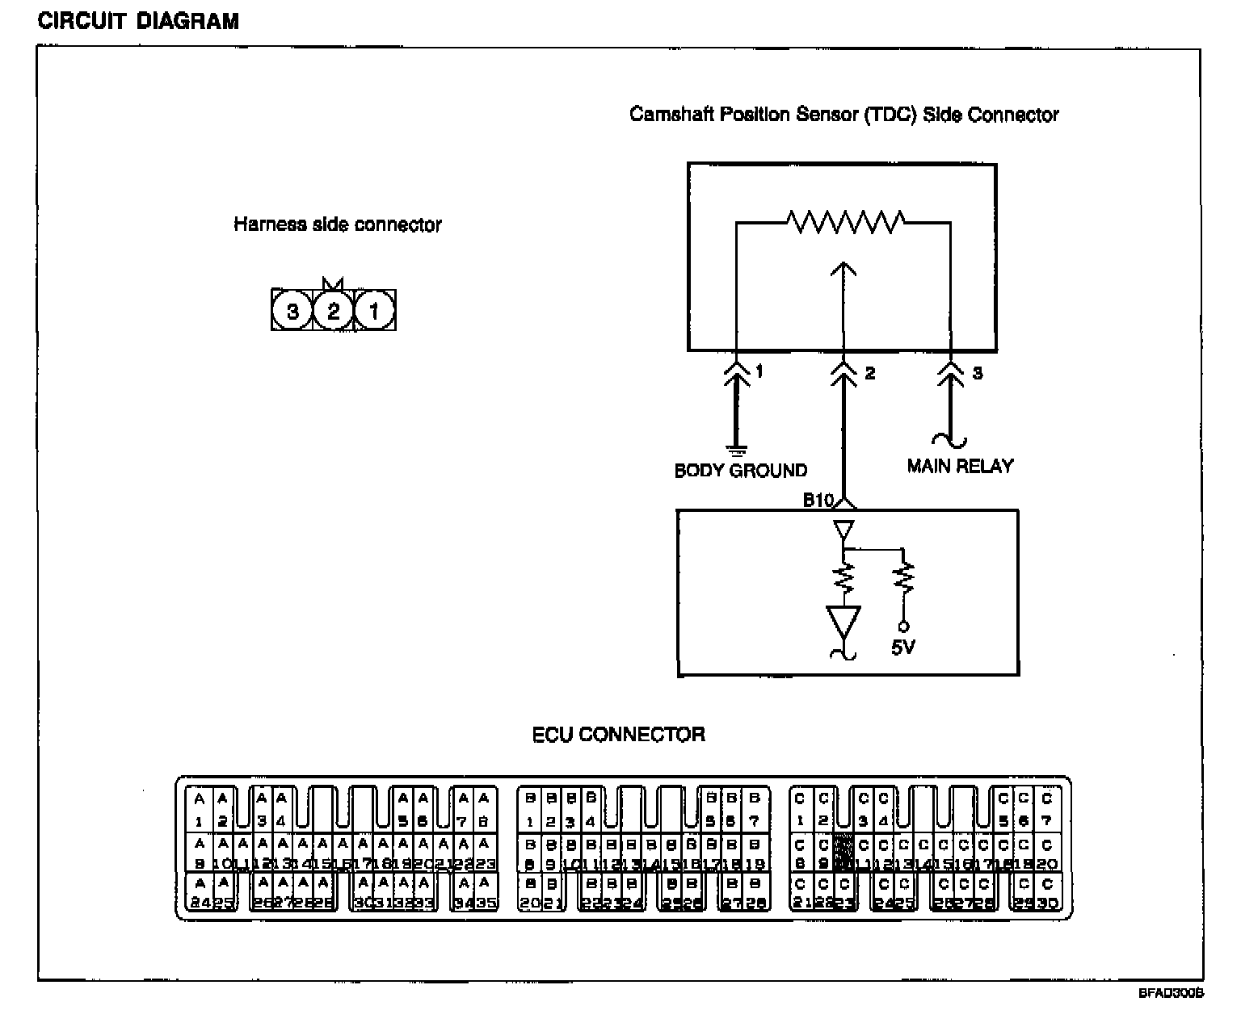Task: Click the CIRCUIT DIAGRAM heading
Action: [138, 21]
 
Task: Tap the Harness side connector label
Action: [338, 224]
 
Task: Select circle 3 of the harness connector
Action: [292, 311]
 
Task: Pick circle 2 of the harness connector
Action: [333, 311]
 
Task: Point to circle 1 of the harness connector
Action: [374, 311]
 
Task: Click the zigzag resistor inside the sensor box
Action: [845, 220]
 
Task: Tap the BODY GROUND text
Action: [740, 470]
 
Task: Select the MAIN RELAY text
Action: [959, 466]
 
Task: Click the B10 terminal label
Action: [818, 501]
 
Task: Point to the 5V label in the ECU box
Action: [902, 647]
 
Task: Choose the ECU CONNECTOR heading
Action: [618, 735]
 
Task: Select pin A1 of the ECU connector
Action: [199, 810]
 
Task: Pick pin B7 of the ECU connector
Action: [754, 810]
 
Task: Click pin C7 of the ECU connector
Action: [1046, 810]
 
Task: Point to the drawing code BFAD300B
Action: [1171, 994]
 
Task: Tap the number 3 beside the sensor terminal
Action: [977, 373]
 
